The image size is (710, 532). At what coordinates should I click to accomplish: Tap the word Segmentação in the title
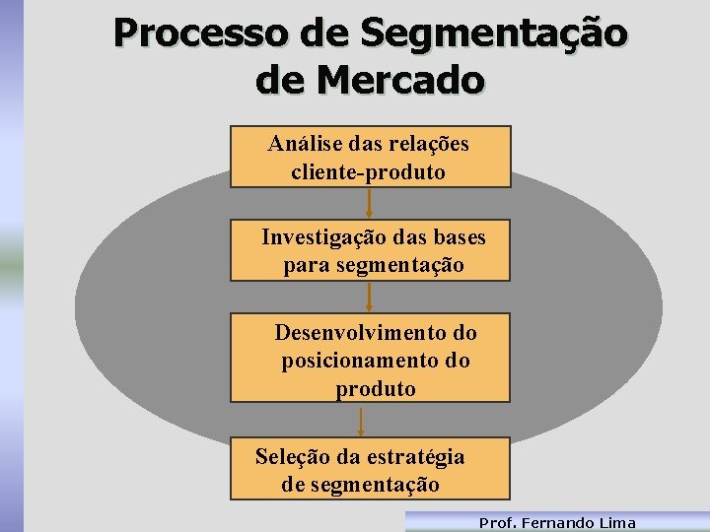pyautogui.click(x=493, y=33)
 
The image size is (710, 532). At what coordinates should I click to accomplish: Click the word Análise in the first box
pyautogui.click(x=301, y=144)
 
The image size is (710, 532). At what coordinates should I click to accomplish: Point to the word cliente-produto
pyautogui.click(x=368, y=172)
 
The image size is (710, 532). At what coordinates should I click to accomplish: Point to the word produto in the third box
pyautogui.click(x=376, y=389)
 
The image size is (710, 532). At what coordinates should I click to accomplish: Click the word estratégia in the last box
pyautogui.click(x=415, y=457)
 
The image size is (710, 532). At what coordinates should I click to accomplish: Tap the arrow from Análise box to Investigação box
pyautogui.click(x=369, y=203)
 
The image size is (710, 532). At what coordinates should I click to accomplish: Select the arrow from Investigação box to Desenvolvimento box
pyautogui.click(x=369, y=298)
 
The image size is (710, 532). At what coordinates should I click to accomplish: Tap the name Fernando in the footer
pyautogui.click(x=558, y=523)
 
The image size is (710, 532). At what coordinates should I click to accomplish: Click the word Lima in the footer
pyautogui.click(x=617, y=523)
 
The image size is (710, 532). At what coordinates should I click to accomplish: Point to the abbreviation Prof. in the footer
pyautogui.click(x=497, y=523)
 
